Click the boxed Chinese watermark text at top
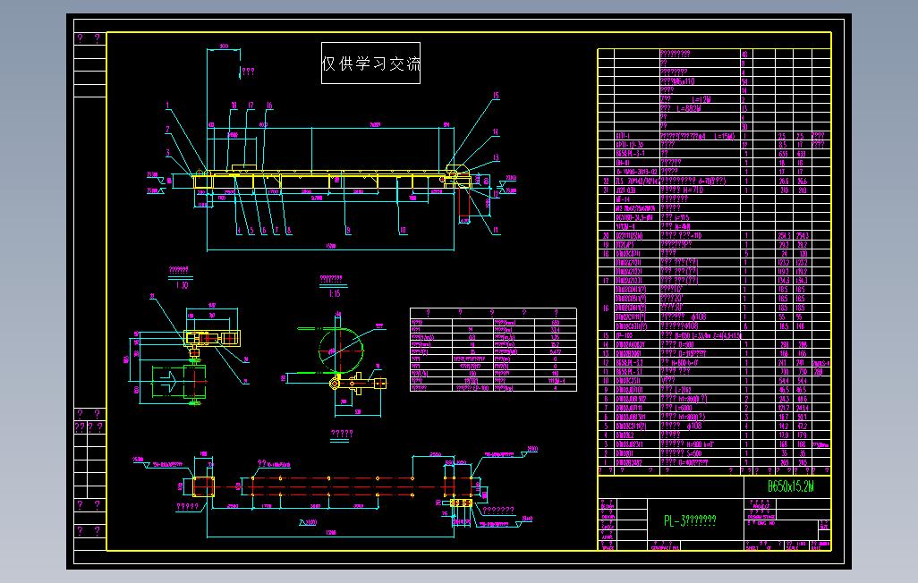pos(371,63)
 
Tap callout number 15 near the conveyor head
pos(495,96)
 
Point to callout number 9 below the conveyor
pos(348,230)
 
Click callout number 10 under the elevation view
pos(403,230)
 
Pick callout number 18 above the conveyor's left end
pos(234,106)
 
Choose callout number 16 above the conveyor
pos(268,106)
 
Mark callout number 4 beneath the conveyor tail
pos(239,230)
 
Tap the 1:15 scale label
pos(335,292)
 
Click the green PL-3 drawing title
pos(689,521)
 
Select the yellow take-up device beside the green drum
pos(362,384)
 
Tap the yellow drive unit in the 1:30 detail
pos(212,339)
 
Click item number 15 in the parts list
pos(606,334)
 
